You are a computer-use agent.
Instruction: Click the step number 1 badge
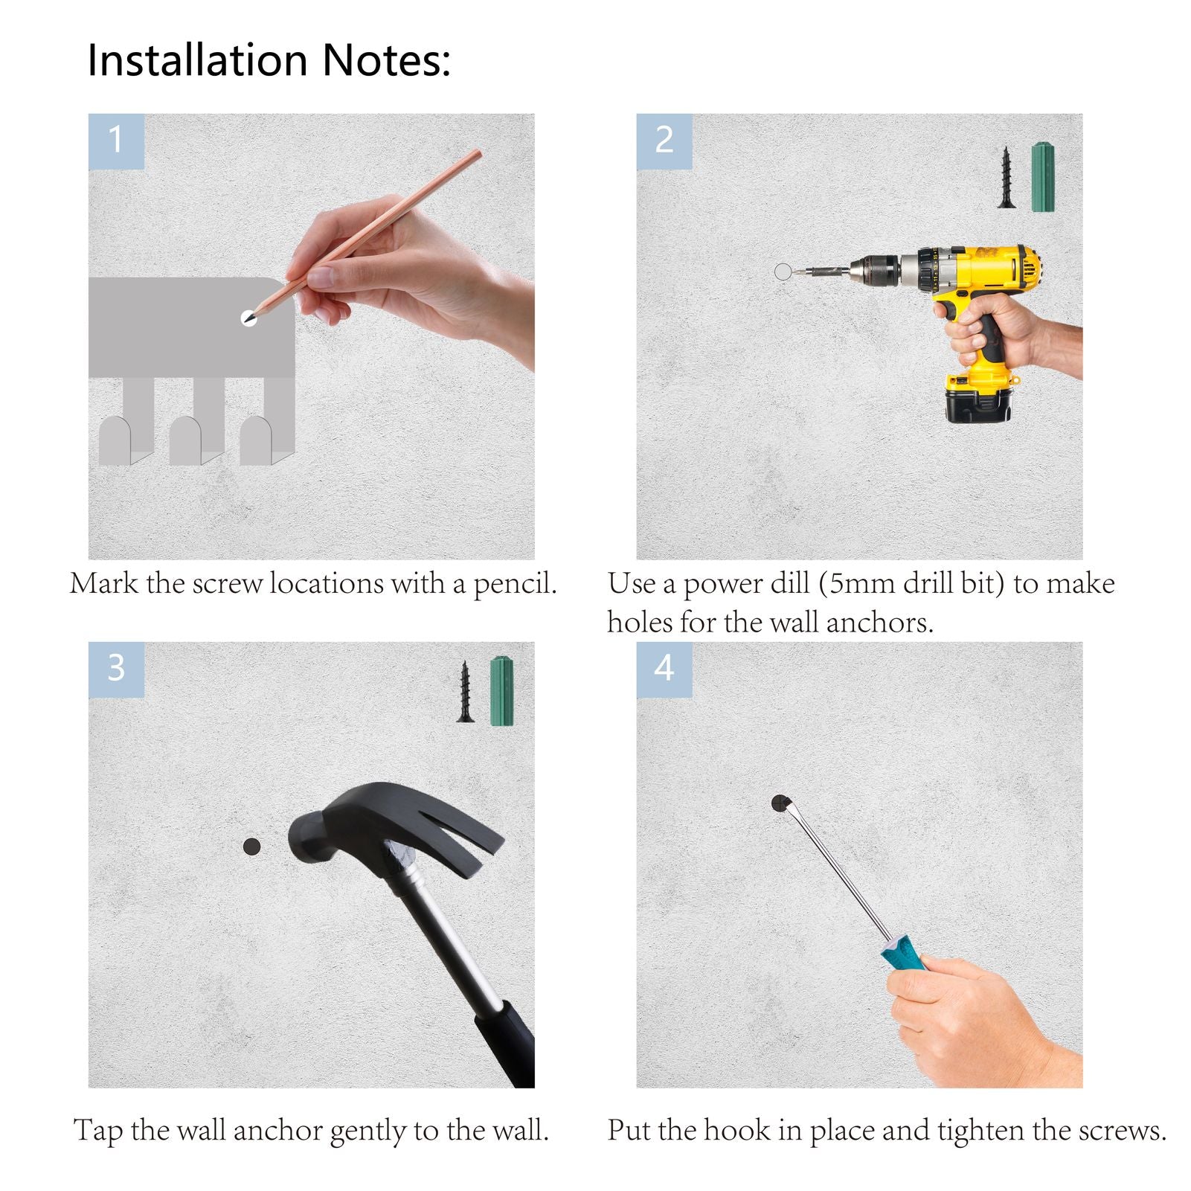(x=116, y=141)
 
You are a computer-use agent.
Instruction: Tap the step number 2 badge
(x=664, y=141)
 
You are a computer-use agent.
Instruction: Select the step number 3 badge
(x=116, y=670)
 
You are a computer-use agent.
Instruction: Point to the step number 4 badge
(x=664, y=670)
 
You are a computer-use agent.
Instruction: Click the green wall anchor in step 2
(x=1044, y=177)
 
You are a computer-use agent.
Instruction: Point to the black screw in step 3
(x=466, y=692)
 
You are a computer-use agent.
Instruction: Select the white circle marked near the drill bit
(x=783, y=272)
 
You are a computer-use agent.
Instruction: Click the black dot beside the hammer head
(x=252, y=846)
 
